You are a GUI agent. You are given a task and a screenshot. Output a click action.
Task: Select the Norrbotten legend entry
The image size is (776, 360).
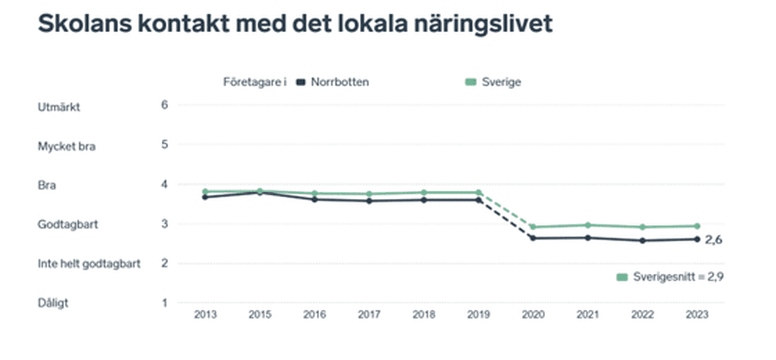click(x=339, y=82)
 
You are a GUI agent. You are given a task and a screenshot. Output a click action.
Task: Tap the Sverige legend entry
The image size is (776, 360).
click(x=501, y=82)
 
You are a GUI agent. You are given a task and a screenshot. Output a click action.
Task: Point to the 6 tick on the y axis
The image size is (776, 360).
click(x=164, y=105)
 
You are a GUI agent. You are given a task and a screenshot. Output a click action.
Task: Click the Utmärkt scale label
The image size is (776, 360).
click(x=59, y=107)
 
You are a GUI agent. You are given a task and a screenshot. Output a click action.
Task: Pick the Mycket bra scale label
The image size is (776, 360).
click(x=67, y=146)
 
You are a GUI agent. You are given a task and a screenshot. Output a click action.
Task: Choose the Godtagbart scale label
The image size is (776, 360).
click(x=68, y=224)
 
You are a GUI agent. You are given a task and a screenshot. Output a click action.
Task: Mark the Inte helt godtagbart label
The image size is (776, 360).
click(x=89, y=263)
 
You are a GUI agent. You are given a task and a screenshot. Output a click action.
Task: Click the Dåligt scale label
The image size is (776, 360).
click(x=53, y=303)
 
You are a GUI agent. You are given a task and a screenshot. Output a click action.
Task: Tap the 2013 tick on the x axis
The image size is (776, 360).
click(x=205, y=314)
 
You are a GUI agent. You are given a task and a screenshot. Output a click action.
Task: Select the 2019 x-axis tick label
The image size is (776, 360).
click(x=479, y=314)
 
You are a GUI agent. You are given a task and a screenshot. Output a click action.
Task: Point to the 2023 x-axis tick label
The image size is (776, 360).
click(x=697, y=314)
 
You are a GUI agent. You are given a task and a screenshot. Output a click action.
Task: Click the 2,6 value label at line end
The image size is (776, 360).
click(x=713, y=240)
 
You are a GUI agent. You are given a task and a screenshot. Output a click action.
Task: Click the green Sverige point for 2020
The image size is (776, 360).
click(x=533, y=227)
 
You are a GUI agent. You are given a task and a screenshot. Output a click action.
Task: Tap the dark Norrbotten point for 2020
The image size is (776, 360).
click(x=533, y=238)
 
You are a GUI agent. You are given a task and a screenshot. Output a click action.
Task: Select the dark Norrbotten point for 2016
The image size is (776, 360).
click(x=314, y=200)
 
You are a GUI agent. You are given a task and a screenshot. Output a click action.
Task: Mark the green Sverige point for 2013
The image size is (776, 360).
click(x=205, y=192)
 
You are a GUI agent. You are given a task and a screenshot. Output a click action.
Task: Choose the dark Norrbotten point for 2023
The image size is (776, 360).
click(x=697, y=239)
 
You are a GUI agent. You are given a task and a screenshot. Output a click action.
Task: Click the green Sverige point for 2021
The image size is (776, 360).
click(x=588, y=225)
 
